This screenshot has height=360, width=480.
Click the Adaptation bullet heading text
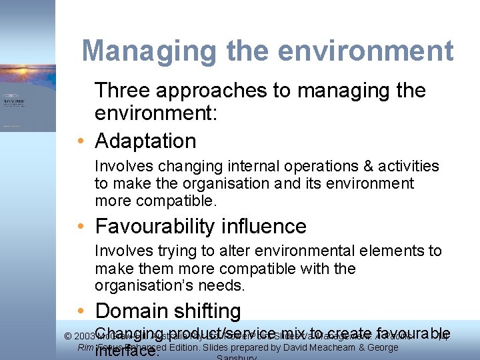tap(145, 141)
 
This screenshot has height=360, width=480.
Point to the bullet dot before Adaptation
tap(79, 141)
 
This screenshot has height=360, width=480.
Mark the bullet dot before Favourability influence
tap(79, 227)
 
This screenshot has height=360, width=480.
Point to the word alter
tap(206, 251)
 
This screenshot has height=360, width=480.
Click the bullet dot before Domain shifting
tap(79, 311)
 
